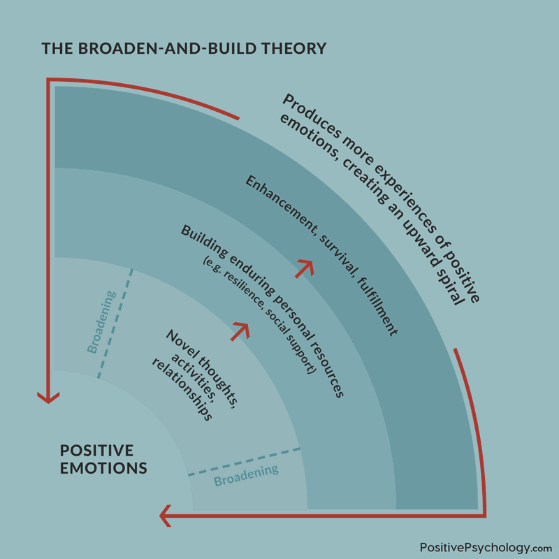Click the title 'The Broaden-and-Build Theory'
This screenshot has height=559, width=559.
(x=184, y=49)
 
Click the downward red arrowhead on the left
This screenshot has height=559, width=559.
(x=48, y=396)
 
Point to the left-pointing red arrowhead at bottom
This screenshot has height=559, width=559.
(x=166, y=516)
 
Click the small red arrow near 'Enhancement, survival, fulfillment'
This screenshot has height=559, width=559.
(x=304, y=268)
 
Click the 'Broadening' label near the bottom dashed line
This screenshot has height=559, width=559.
(x=246, y=475)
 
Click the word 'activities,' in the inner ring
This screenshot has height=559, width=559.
(x=175, y=370)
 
